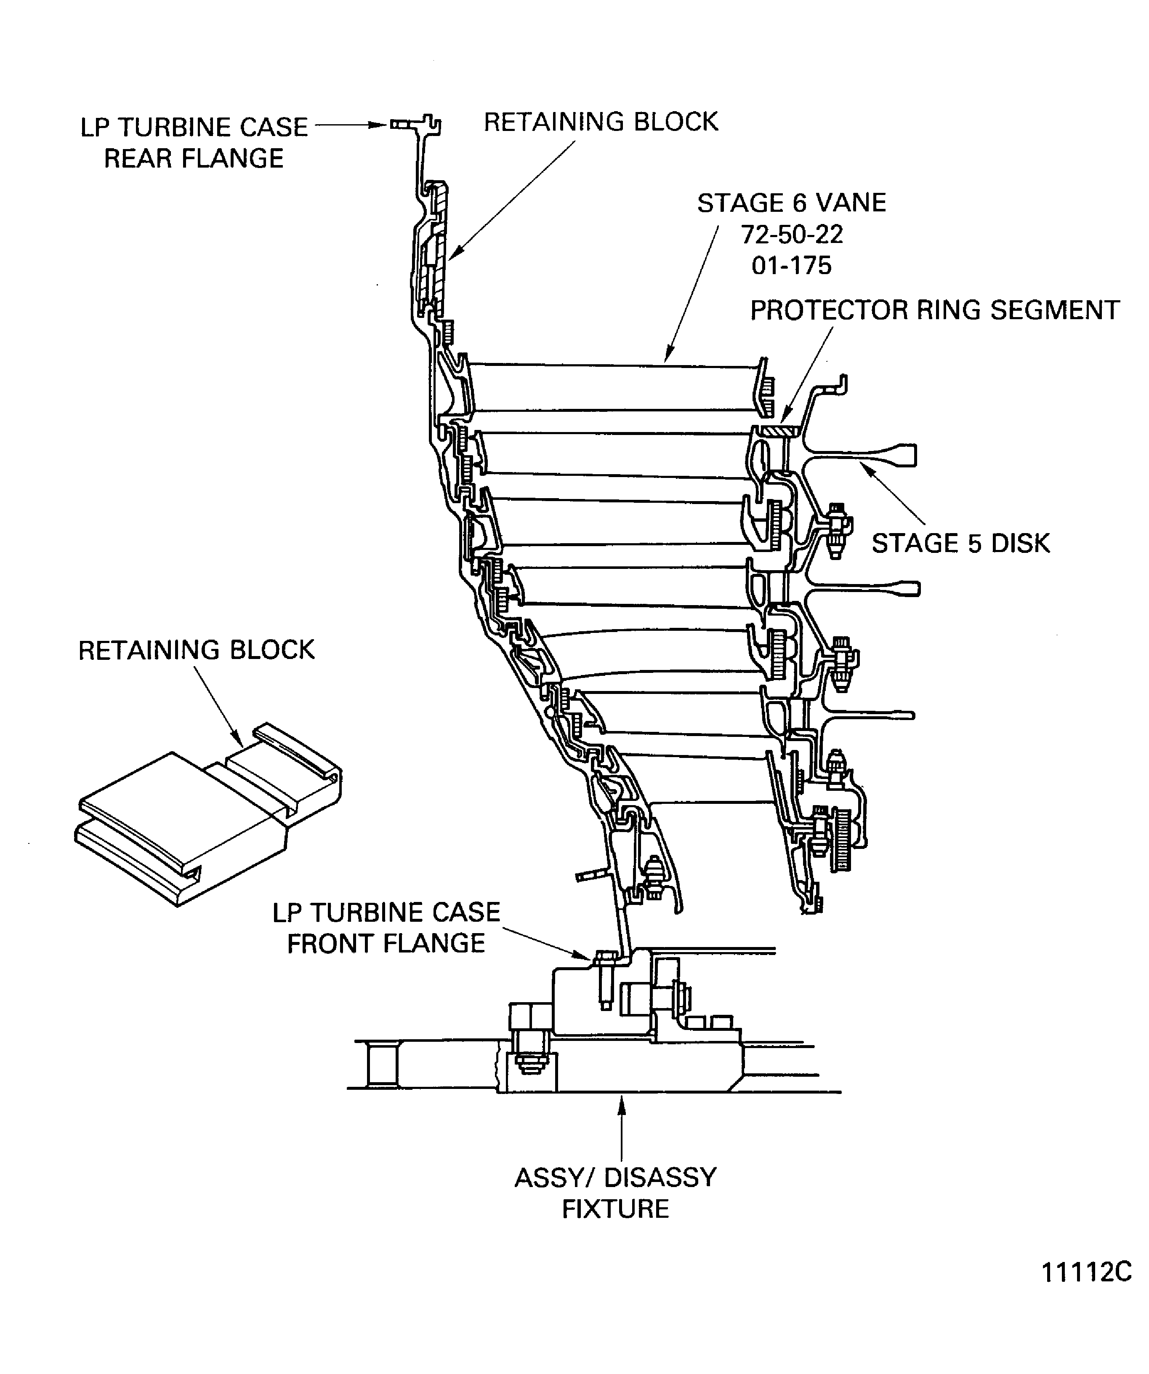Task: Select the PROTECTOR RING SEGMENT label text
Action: (934, 310)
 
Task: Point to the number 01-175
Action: (791, 266)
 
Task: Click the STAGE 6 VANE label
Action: (791, 203)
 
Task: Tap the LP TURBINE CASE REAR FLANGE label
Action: (194, 143)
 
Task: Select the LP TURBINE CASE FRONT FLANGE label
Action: (386, 928)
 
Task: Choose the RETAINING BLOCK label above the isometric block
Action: (196, 650)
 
